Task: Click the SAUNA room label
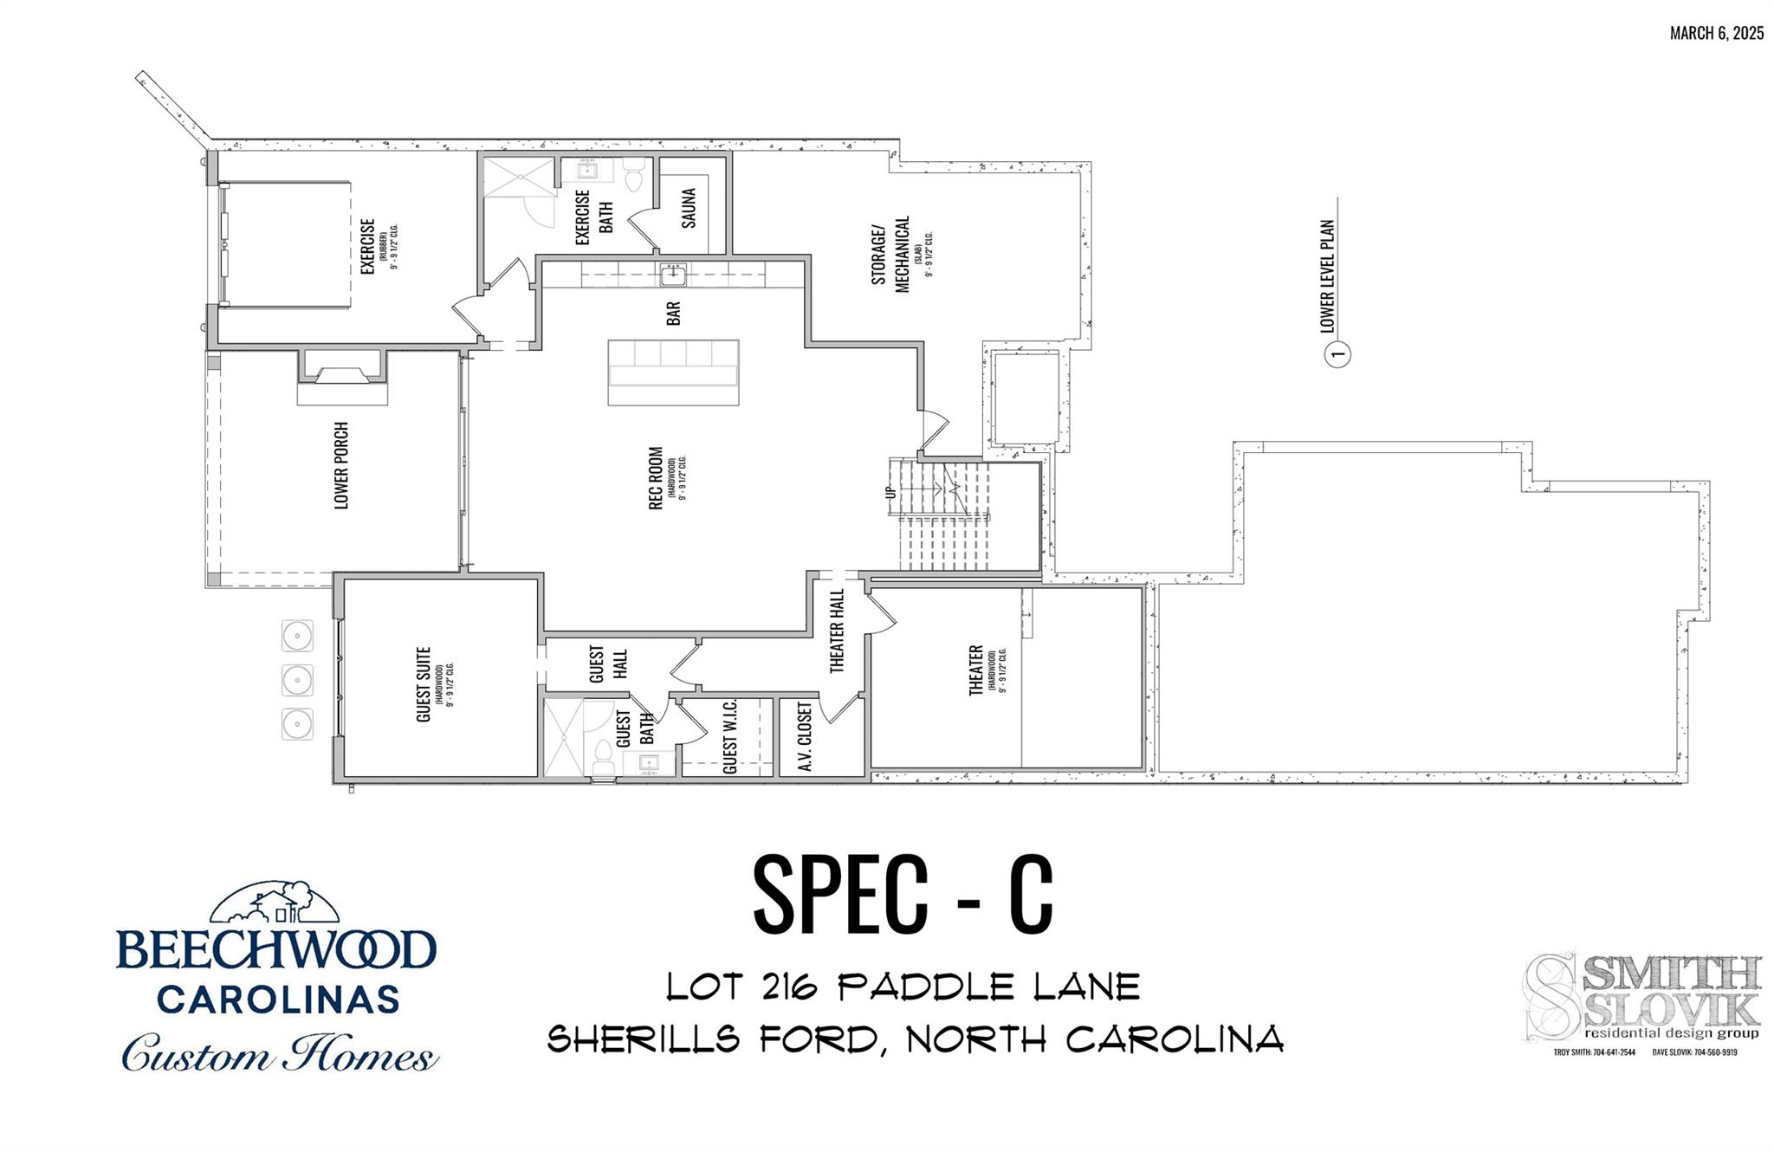[x=689, y=208]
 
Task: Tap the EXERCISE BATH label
[x=594, y=217]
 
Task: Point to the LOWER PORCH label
[x=341, y=465]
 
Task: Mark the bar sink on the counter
[x=673, y=275]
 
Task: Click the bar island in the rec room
[x=673, y=372]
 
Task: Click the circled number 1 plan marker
[x=1338, y=353]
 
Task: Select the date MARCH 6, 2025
[x=1716, y=34]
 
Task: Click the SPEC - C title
[x=903, y=895]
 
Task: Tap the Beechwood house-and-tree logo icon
[x=275, y=904]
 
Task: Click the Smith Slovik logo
[x=1643, y=997]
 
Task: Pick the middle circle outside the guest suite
[x=297, y=680]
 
